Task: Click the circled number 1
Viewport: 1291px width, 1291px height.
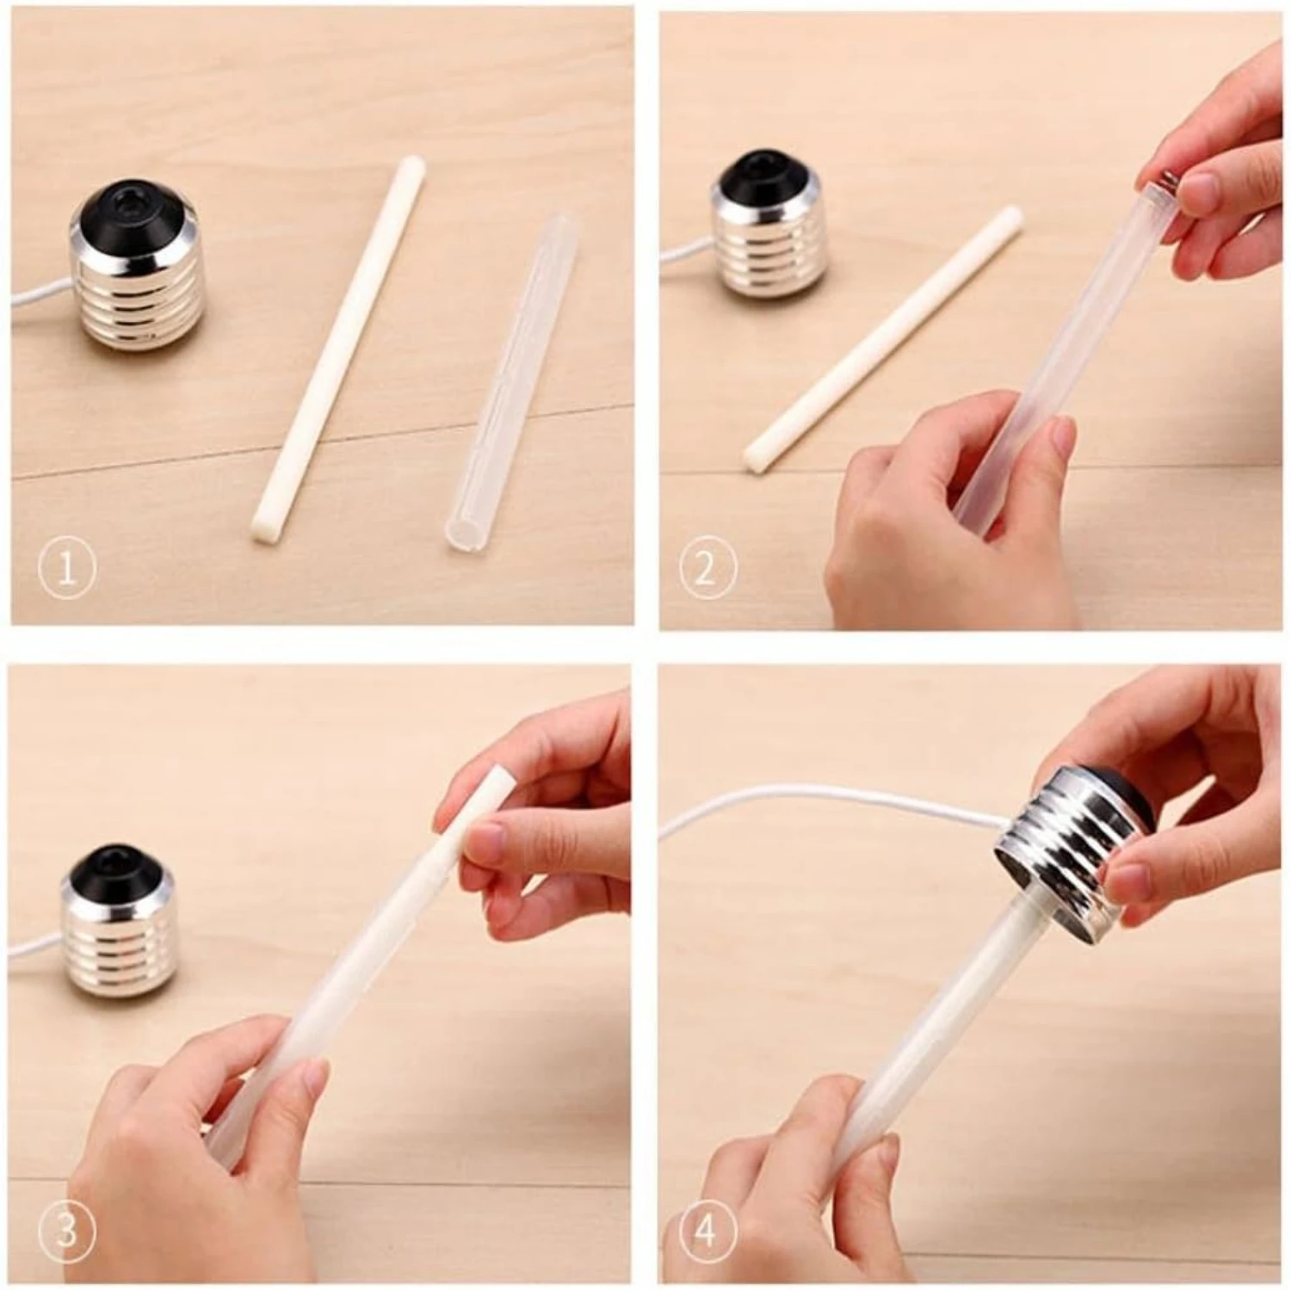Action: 66,569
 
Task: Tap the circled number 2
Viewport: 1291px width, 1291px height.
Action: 707,569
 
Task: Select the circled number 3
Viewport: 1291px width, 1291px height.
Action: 66,1230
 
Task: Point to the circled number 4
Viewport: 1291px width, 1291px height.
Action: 707,1230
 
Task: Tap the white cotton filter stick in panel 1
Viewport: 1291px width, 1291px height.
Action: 336,353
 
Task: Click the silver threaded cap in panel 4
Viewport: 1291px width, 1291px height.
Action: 1067,839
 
